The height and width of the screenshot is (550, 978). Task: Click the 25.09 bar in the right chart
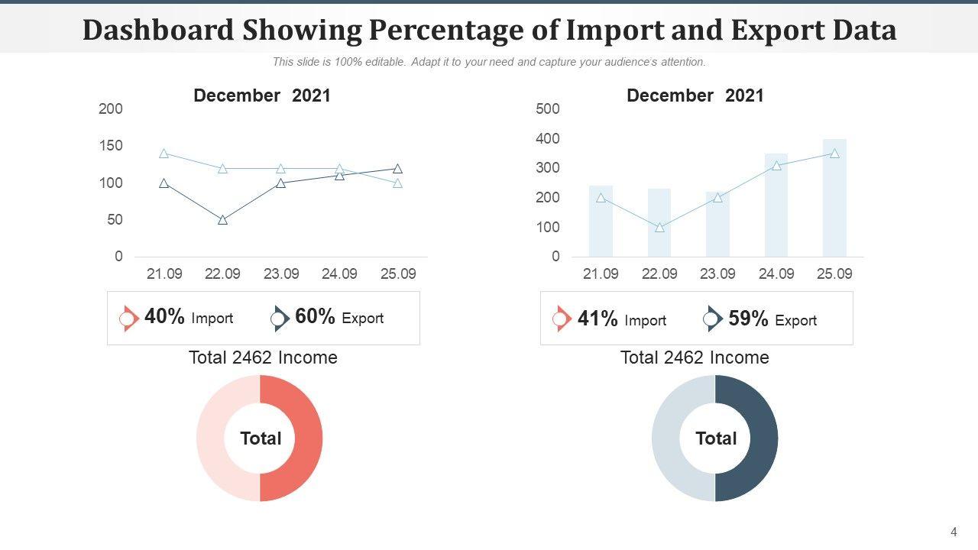[834, 199]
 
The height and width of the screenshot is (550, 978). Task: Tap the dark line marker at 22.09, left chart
[222, 220]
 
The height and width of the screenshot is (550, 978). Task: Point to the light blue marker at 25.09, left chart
[398, 183]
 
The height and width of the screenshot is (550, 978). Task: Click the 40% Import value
[164, 317]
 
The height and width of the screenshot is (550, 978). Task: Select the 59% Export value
[748, 319]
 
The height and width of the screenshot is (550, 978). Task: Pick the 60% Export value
[315, 317]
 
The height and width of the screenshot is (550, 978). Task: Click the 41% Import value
[597, 319]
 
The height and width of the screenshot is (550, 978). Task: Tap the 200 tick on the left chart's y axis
[111, 109]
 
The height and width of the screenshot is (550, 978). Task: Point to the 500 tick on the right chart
[548, 109]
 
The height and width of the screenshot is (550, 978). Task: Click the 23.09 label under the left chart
[281, 273]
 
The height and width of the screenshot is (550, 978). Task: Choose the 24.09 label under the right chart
[776, 273]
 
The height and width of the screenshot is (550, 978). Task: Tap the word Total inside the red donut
[261, 438]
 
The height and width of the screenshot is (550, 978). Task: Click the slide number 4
[954, 532]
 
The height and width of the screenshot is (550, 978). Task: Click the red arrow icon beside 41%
[562, 319]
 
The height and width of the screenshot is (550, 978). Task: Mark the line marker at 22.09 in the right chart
[659, 228]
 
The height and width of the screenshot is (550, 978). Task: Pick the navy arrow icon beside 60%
[280, 319]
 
